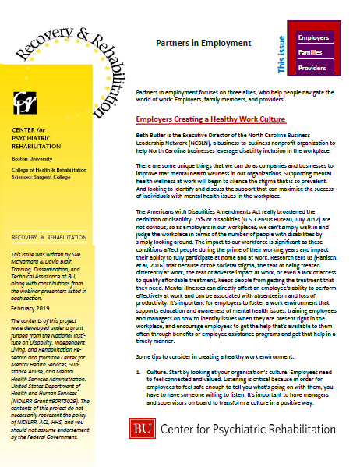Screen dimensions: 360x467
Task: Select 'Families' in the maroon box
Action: (312, 52)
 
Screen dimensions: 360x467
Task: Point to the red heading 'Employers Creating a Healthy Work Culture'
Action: (210, 120)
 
